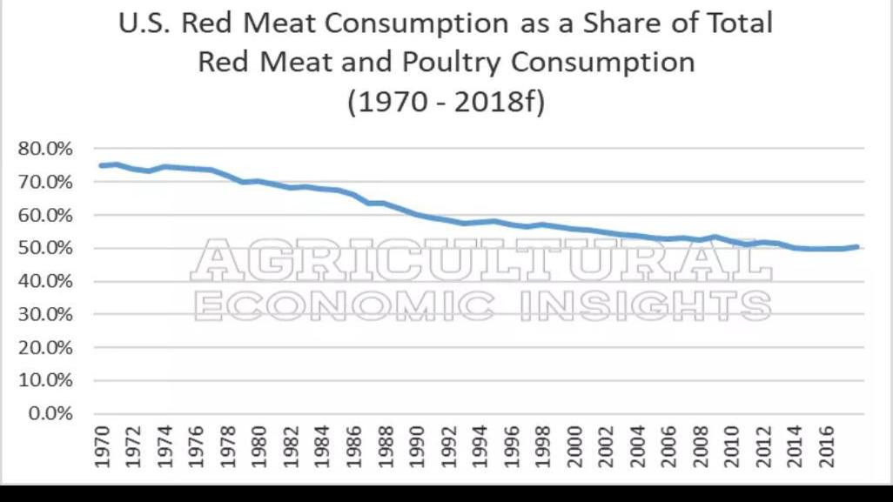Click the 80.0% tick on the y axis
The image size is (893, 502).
(x=45, y=149)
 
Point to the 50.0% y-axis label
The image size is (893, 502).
(x=45, y=248)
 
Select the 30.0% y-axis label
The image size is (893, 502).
(x=45, y=314)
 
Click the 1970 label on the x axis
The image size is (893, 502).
(x=102, y=448)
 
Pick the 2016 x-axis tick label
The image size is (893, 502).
(x=829, y=448)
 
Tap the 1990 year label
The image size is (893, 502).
(x=418, y=448)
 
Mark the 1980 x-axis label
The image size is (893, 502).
(x=259, y=448)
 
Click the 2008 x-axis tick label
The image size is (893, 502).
(x=702, y=448)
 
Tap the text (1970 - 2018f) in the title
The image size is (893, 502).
(x=446, y=102)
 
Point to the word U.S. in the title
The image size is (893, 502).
(x=145, y=23)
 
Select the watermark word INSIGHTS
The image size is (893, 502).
(x=645, y=305)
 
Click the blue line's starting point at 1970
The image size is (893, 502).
(x=102, y=165)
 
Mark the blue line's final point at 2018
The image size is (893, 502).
(x=860, y=247)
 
